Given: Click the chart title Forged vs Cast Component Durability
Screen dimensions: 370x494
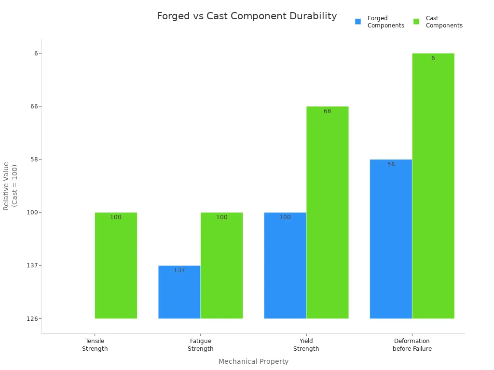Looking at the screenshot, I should [x=247, y=16].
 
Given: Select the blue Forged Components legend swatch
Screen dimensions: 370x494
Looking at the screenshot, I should [x=358, y=22].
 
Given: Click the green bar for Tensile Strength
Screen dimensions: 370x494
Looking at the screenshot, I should [x=116, y=265].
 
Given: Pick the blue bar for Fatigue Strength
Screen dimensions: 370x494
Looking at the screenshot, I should [x=179, y=292].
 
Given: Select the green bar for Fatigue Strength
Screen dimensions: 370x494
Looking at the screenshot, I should [x=221, y=265].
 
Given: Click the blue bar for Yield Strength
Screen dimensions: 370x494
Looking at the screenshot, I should [x=285, y=265].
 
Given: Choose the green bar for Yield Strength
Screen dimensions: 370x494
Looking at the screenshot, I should [x=327, y=212].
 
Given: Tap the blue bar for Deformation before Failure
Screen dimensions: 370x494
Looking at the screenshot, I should [x=391, y=238].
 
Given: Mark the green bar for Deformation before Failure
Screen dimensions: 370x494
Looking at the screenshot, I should [x=433, y=185].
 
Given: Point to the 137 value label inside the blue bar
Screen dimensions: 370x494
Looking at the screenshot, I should [x=179, y=270].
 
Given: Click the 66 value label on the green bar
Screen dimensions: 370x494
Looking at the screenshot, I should [x=327, y=111].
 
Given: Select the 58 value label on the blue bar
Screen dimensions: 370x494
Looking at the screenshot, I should [x=391, y=164].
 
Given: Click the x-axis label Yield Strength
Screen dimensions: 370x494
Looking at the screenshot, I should [x=306, y=345].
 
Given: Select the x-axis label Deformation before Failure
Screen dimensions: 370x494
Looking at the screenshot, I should [x=412, y=345].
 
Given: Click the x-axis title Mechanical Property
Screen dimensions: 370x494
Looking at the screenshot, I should [x=253, y=361].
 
